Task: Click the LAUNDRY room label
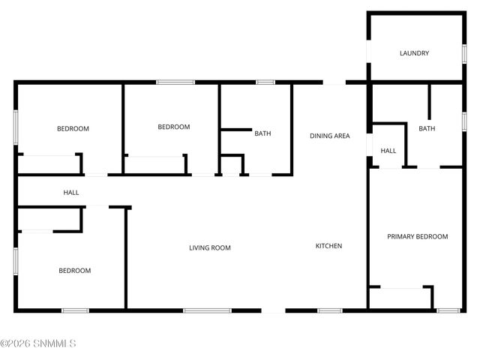pos(414,53)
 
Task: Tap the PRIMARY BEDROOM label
pos(417,236)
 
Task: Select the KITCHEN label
pos(328,246)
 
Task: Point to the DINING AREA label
pos(330,136)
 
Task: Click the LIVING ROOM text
pos(209,247)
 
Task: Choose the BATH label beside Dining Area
pos(262,133)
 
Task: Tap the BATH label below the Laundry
pos(426,129)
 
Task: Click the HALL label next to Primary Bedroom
pos(388,151)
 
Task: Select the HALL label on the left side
pos(71,193)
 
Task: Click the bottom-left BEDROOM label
pos(75,271)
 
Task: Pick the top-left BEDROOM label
pos(73,128)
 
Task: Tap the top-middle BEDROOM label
pos(173,127)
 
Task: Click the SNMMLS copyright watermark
pos(38,344)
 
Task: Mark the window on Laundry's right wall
pos(463,53)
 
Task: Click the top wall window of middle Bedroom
pos(175,82)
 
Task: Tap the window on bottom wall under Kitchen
pos(329,310)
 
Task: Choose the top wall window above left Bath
pos(265,82)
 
